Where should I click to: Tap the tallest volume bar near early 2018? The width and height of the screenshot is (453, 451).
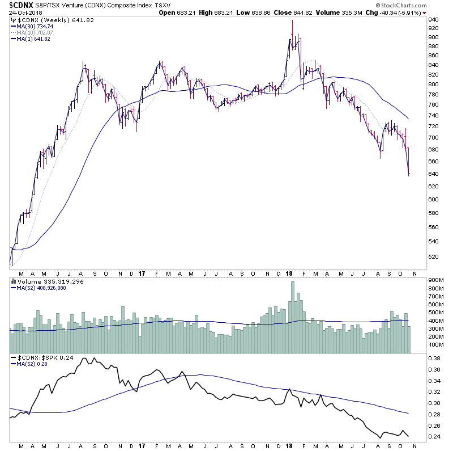(293, 318)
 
